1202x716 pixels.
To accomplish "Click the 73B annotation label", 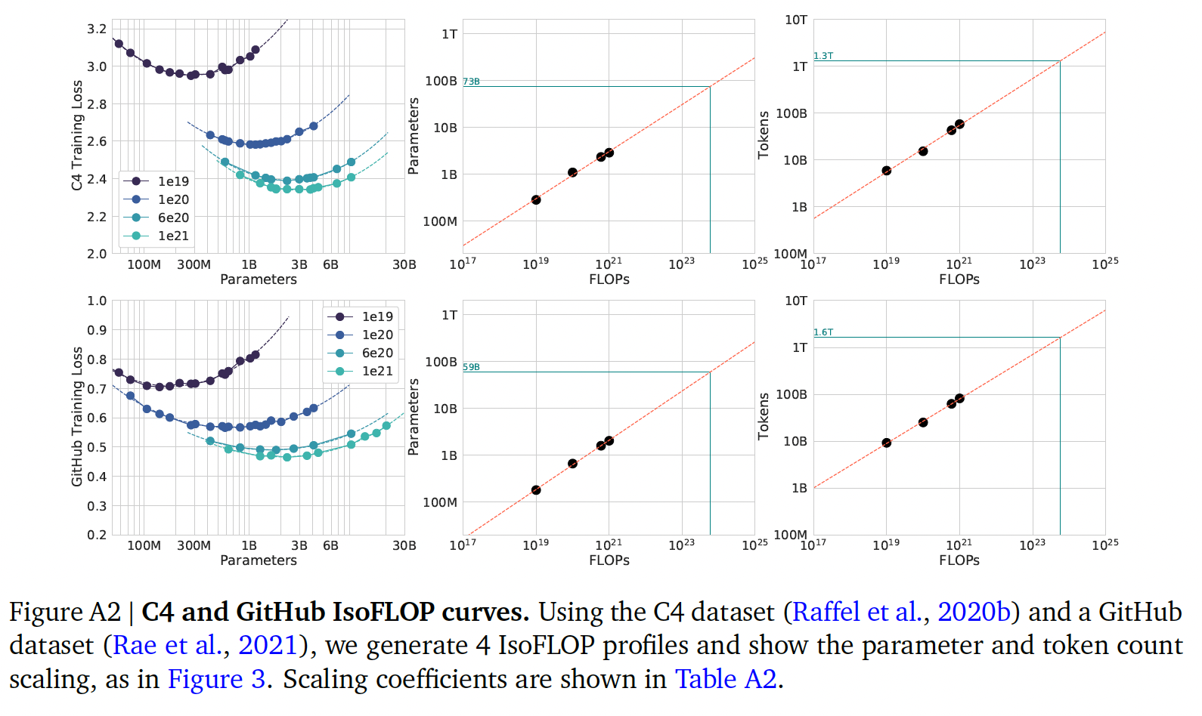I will coord(471,82).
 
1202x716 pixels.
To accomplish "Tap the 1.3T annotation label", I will coord(823,56).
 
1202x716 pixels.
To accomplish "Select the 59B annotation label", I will coord(471,367).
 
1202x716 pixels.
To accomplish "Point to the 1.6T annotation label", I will coord(823,332).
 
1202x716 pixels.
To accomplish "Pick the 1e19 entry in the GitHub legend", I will coord(377,316).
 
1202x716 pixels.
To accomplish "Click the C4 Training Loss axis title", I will coord(77,135).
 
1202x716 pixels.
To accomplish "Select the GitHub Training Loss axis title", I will coord(77,416).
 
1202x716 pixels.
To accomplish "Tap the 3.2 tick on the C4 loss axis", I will coord(97,29).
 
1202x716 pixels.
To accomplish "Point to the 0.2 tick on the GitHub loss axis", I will coord(97,535).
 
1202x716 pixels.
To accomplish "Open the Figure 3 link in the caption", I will coord(217,679).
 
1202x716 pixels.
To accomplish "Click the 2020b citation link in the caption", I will coord(974,612).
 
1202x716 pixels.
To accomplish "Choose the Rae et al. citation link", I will coord(150,645).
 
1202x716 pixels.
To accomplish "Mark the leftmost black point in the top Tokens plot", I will coord(886,171).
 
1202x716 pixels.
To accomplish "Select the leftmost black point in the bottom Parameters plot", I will coord(536,490).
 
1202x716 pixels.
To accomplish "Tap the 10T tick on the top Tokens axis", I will coord(795,20).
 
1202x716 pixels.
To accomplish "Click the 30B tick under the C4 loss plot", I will coord(404,265).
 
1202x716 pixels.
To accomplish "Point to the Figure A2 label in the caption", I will coord(64,612).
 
